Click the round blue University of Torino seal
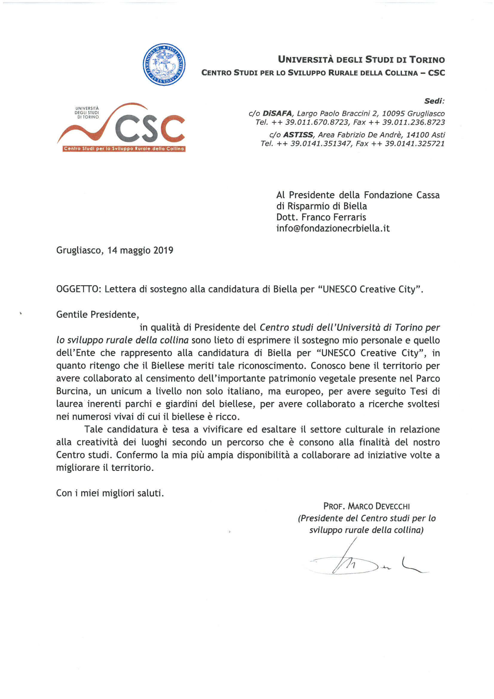[164, 64]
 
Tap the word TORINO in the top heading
[427, 60]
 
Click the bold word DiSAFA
[277, 114]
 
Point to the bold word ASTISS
[298, 135]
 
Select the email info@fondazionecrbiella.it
[333, 228]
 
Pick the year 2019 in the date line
[163, 250]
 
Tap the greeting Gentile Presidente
[97, 314]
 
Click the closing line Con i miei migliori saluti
[110, 493]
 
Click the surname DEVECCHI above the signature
[393, 506]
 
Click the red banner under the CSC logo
[124, 149]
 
